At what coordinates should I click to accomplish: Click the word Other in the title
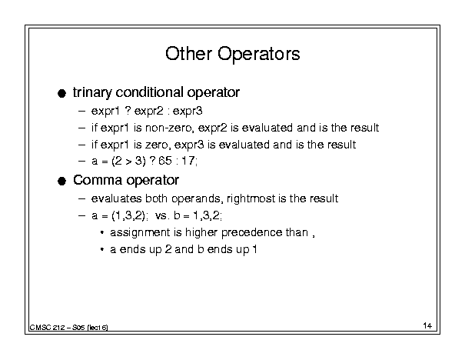click(188, 54)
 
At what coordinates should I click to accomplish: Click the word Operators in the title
click(258, 55)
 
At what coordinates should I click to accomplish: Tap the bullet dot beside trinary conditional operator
click(61, 94)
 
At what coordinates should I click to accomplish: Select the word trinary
click(92, 92)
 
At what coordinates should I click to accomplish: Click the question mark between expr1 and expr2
click(128, 111)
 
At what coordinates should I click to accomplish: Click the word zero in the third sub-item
click(158, 145)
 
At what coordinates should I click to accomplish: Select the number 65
click(165, 161)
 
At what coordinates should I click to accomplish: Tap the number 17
click(188, 161)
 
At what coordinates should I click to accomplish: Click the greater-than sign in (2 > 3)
click(128, 162)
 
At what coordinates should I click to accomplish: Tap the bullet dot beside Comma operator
click(61, 181)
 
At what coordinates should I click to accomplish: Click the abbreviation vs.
click(162, 215)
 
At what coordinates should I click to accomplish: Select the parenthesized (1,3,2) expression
click(128, 215)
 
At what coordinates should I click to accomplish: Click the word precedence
click(252, 232)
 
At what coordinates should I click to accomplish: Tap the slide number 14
click(427, 325)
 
